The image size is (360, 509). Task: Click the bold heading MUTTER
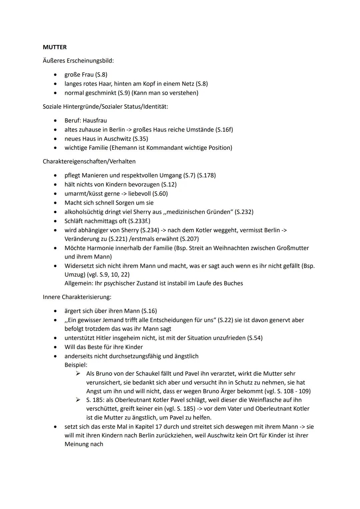coord(55,47)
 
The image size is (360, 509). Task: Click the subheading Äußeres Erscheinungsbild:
coord(78,61)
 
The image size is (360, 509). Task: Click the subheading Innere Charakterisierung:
coord(77,297)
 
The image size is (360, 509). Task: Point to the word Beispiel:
coord(76,365)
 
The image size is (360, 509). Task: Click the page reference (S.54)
coord(255,338)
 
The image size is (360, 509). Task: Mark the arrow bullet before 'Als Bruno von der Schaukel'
coord(78,374)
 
